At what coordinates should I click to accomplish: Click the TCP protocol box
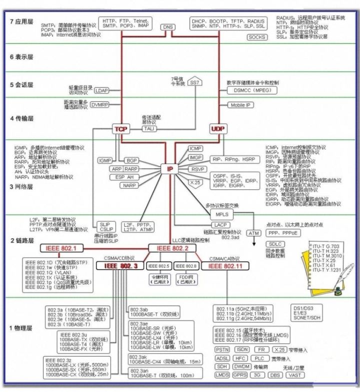[x=120, y=129]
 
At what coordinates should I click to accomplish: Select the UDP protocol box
[x=218, y=129]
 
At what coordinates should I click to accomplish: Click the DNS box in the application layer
[x=168, y=27]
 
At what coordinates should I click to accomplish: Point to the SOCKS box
[x=257, y=37]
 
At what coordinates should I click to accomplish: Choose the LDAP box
[x=102, y=90]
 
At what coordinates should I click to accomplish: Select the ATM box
[x=254, y=233]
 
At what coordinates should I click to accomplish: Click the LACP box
[x=222, y=225]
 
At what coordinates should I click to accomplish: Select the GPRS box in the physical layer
[x=240, y=375]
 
